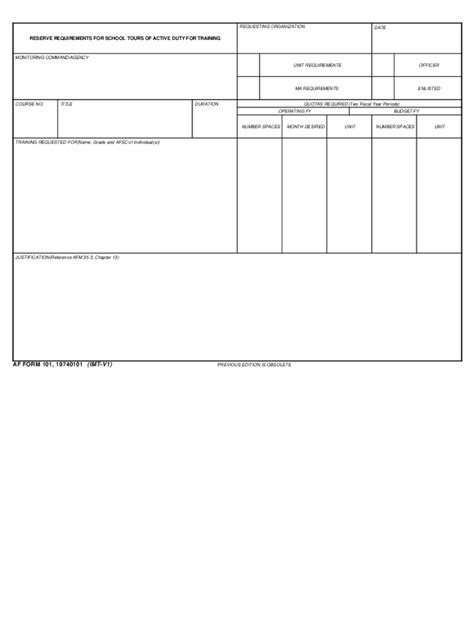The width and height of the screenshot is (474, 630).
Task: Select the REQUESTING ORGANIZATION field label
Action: coord(273,26)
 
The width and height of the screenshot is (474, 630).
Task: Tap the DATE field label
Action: coord(380,27)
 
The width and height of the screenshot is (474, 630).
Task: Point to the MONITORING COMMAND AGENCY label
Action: coord(52,57)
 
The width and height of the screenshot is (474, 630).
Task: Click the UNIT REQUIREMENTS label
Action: coord(317,65)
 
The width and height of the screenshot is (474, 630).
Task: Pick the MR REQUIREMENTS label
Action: coord(317,88)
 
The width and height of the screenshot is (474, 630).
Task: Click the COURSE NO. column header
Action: coord(29,103)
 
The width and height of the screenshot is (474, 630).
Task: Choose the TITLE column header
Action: coord(67,103)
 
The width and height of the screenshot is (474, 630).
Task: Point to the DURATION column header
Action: coord(207,103)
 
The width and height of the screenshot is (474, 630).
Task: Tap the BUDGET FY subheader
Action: coord(408,110)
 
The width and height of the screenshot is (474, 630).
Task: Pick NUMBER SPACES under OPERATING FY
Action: coord(259,127)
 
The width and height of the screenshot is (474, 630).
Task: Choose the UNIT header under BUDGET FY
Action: coord(440,127)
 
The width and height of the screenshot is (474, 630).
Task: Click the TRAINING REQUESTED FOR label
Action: coord(86,142)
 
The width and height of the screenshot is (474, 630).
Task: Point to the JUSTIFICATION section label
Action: coord(66,257)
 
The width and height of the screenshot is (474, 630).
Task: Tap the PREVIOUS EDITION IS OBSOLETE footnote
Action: coord(254,366)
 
